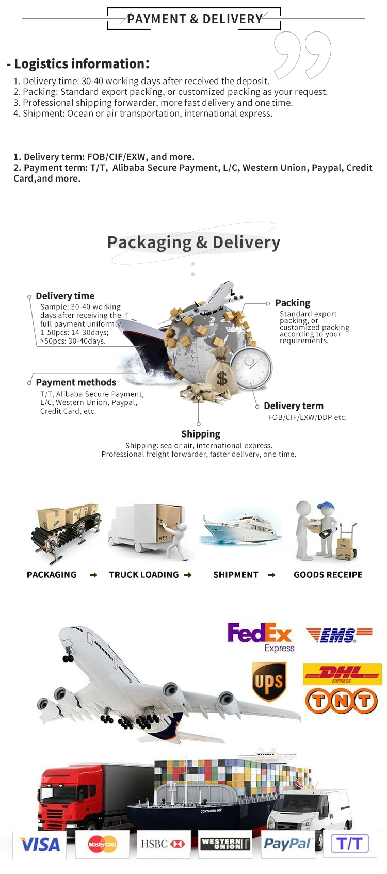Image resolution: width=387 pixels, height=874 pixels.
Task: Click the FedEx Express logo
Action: [261, 636]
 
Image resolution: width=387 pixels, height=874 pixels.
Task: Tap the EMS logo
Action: [338, 635]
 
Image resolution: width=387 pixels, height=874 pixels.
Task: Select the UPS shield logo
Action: [268, 682]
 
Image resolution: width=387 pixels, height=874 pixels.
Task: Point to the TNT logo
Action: [342, 701]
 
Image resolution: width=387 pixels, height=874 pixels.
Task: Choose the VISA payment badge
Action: [40, 845]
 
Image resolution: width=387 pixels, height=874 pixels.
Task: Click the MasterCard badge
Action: [102, 845]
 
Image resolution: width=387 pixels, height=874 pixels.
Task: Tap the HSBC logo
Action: [163, 844]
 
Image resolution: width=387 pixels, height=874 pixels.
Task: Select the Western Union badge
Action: [225, 844]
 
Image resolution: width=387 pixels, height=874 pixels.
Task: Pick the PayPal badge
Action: [287, 844]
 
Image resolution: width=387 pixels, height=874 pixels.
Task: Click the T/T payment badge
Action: [350, 844]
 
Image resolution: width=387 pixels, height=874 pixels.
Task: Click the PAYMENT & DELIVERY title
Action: [195, 19]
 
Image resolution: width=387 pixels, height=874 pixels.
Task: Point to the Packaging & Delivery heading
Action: [193, 242]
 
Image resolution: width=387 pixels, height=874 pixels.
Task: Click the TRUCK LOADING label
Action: [144, 575]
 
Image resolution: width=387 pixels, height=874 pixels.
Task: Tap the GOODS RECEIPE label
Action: [328, 575]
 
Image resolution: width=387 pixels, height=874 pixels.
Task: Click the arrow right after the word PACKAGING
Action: [93, 575]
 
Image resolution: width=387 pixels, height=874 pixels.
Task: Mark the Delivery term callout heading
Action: [294, 406]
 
